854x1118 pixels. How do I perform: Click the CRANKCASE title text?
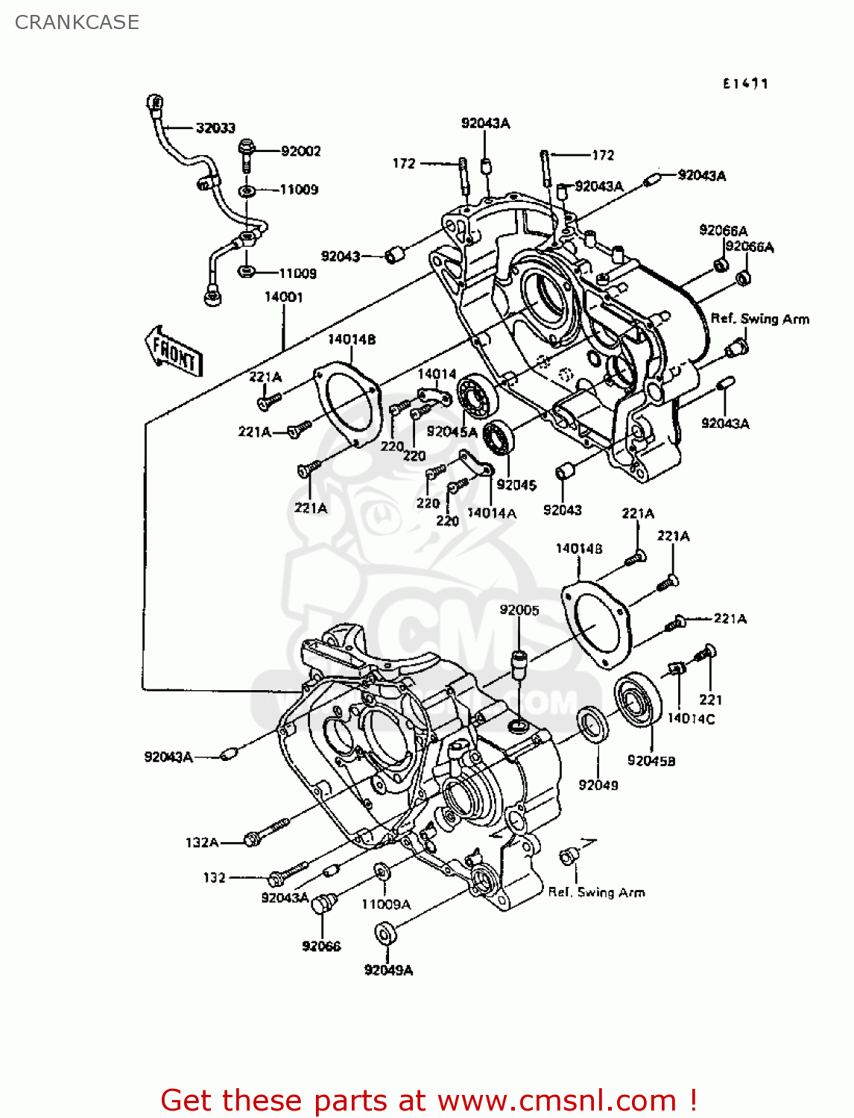click(x=77, y=22)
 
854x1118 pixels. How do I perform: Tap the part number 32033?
click(x=215, y=128)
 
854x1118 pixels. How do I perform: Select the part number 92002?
click(x=300, y=151)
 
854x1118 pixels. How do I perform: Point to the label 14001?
click(x=283, y=297)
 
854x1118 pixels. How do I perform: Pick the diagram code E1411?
click(x=744, y=83)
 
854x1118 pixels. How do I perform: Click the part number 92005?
click(x=519, y=610)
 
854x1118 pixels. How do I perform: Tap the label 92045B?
click(x=651, y=760)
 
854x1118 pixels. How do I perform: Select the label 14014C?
click(x=690, y=719)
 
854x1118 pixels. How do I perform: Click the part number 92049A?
click(x=388, y=970)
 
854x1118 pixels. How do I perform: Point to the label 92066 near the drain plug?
click(x=321, y=946)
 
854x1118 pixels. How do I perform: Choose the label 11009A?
click(x=386, y=904)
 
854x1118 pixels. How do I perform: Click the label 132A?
click(x=202, y=842)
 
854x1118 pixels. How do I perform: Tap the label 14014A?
click(x=491, y=513)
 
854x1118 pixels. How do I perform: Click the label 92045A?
click(x=452, y=432)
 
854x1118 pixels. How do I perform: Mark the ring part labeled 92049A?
click(x=385, y=933)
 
